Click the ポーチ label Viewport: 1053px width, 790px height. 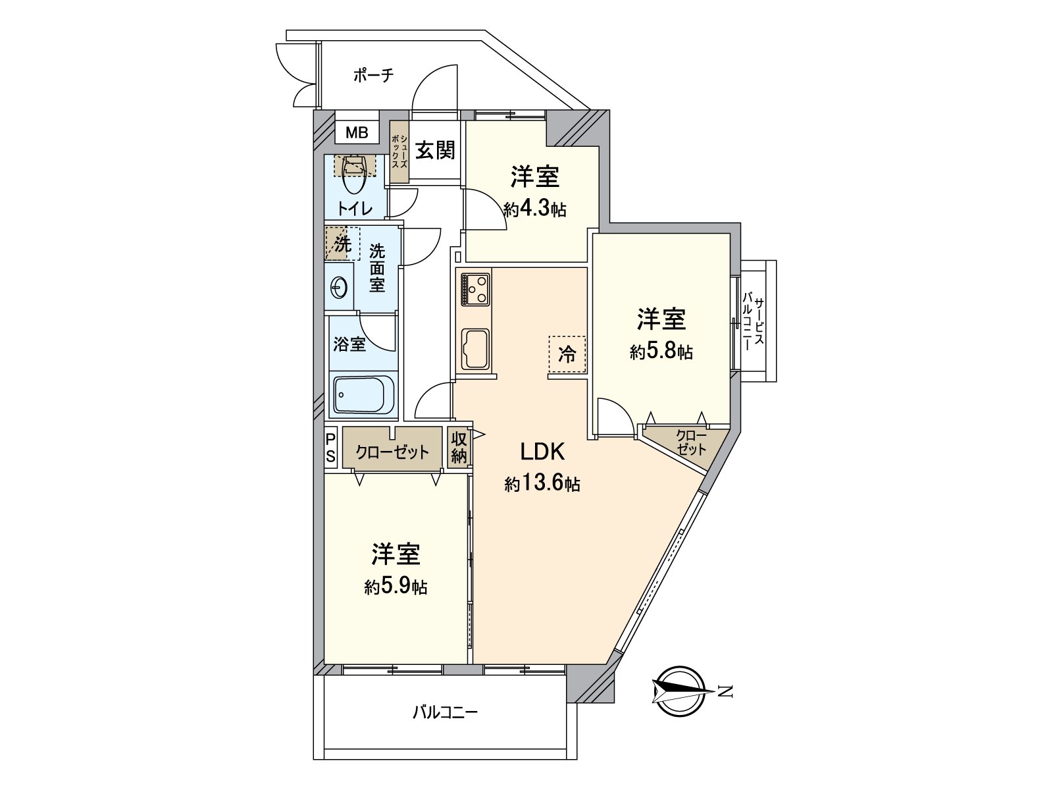(373, 75)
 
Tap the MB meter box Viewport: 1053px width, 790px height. (357, 132)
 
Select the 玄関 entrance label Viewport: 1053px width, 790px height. (435, 150)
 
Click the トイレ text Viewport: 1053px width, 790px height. (355, 209)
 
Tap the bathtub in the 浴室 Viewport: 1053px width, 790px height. (363, 396)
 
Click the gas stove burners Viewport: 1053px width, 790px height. (474, 288)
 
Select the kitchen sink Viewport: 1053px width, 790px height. (474, 348)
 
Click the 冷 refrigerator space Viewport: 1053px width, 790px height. (567, 354)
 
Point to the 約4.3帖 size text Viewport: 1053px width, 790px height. (535, 209)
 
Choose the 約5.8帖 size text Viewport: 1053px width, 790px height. (661, 352)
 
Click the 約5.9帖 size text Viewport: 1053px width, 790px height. (396, 587)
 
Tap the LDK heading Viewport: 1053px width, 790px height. (542, 452)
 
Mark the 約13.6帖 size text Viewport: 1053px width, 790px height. (542, 485)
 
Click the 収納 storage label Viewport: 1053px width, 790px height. (459, 448)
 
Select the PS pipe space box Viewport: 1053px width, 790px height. (331, 447)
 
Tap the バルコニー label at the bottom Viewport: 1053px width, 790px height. (445, 712)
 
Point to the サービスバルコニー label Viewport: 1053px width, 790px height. (754, 323)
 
